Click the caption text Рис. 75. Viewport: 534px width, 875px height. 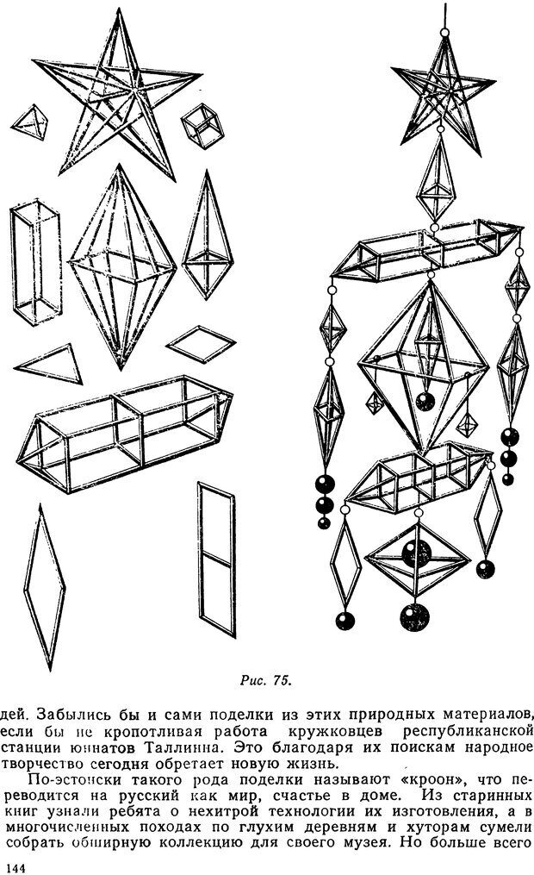point(265,680)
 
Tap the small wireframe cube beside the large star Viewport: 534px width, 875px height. point(202,126)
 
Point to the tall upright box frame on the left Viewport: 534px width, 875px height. point(35,262)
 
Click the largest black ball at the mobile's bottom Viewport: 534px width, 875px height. point(415,616)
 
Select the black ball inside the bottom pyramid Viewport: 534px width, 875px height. point(416,553)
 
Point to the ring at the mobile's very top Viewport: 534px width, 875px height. point(444,33)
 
